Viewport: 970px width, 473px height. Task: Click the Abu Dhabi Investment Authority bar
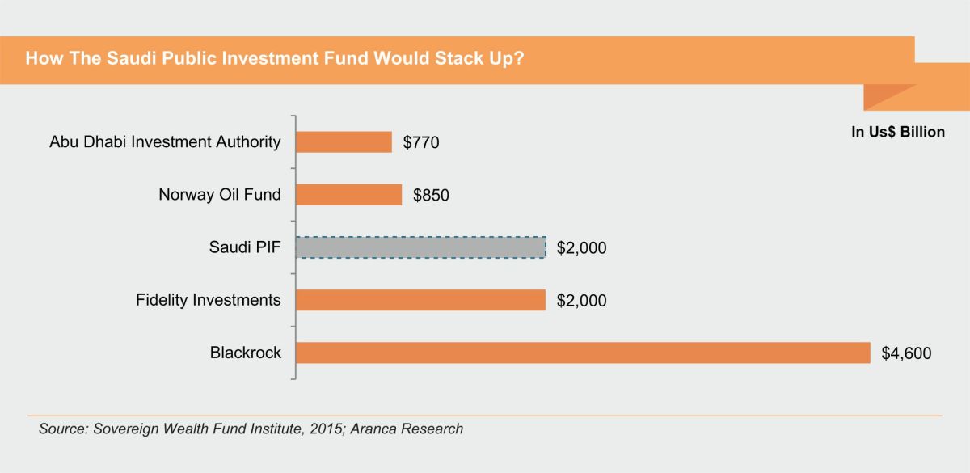(x=344, y=142)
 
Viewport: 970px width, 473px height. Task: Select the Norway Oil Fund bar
(x=348, y=195)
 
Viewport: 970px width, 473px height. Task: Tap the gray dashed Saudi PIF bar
(x=420, y=247)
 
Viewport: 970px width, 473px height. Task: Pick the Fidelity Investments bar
(x=420, y=300)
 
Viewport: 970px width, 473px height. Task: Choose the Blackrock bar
(x=583, y=353)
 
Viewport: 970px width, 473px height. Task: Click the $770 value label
(x=421, y=143)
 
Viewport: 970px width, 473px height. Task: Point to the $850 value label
(x=431, y=196)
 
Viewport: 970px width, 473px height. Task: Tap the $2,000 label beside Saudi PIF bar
(x=581, y=248)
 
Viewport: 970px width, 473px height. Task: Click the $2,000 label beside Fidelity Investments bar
(x=581, y=301)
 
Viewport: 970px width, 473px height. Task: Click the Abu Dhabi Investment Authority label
(x=165, y=142)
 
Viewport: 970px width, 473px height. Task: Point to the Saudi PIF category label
(x=245, y=247)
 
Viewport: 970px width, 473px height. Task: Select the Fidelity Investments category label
(x=209, y=300)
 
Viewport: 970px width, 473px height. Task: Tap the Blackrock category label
(x=246, y=353)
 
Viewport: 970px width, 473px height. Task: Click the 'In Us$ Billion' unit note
(x=898, y=132)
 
